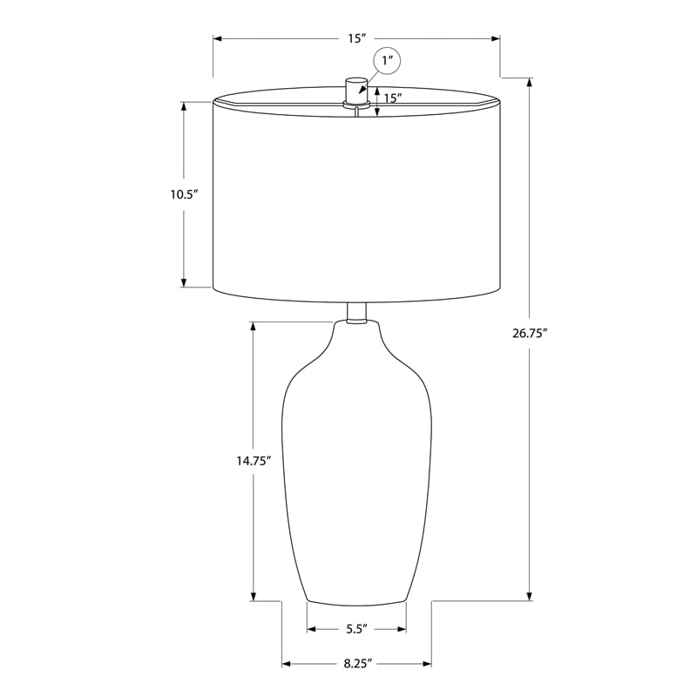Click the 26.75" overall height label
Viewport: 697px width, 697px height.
click(529, 333)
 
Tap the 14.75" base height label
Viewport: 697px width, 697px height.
click(254, 461)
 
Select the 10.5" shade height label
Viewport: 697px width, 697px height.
click(184, 194)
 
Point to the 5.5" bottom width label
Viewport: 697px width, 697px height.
click(356, 629)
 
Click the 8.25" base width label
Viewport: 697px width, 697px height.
click(357, 664)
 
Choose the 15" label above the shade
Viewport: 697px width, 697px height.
click(356, 38)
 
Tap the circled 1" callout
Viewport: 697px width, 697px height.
click(387, 60)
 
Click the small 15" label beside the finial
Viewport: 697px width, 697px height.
click(393, 98)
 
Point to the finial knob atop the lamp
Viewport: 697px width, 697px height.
click(356, 92)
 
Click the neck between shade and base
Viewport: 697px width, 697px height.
click(356, 313)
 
